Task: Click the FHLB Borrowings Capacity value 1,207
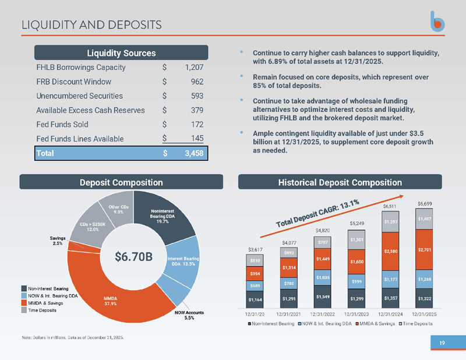tap(194, 68)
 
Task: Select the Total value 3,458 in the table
tap(194, 153)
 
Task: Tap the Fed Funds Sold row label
tap(62, 124)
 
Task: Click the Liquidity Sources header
tap(121, 53)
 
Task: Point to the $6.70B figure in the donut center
tap(133, 256)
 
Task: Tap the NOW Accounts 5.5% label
tap(189, 315)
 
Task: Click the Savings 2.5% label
tap(57, 241)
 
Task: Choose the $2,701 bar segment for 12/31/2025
tap(424, 250)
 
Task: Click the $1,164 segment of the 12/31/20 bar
tap(255, 299)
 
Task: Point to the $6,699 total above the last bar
tap(425, 204)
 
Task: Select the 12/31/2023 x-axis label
tap(356, 314)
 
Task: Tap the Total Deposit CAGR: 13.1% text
tap(317, 213)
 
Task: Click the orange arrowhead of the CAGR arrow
tap(401, 196)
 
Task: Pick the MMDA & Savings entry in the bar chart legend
tap(375, 323)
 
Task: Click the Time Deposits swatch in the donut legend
tap(24, 310)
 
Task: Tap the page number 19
tap(442, 343)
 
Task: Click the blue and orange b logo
tap(437, 22)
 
